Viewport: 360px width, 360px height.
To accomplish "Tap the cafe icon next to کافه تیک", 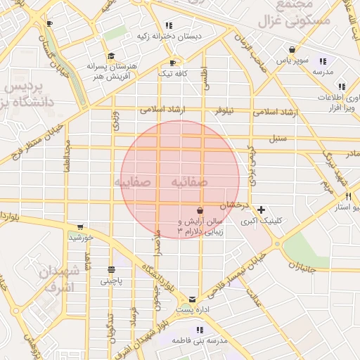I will [172, 63].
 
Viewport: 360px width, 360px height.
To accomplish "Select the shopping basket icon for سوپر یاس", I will [292, 49].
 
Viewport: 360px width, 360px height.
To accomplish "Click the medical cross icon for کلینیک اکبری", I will [262, 210].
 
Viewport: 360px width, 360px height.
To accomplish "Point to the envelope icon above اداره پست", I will [193, 299].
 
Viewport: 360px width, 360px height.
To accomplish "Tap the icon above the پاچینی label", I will [111, 269].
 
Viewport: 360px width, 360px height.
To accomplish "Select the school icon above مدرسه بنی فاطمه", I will [200, 330].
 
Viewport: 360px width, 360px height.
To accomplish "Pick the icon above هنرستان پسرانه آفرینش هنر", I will [110, 56].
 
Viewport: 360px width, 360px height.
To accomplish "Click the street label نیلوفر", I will [224, 111].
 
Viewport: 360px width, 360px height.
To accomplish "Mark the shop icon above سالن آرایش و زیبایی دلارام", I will [200, 210].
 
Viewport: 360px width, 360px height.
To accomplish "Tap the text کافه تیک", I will [172, 73].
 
